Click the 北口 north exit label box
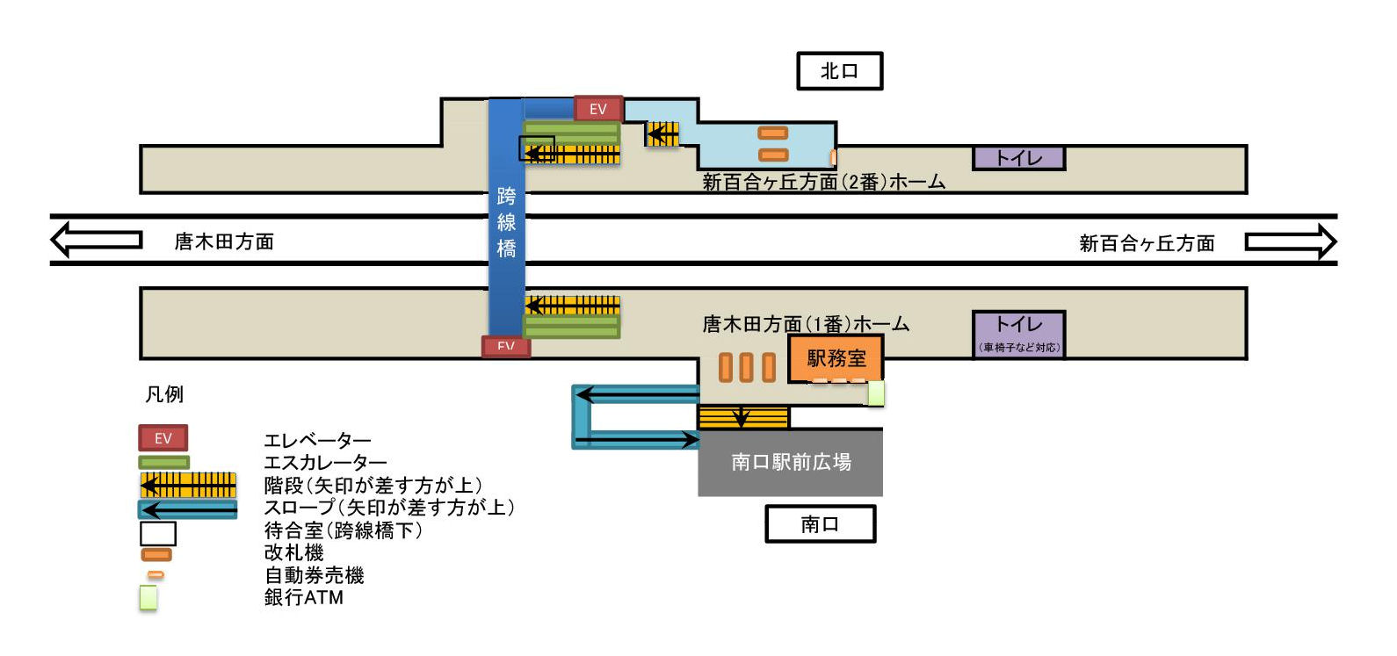pos(839,71)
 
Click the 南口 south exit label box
pos(820,524)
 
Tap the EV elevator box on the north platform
pos(598,109)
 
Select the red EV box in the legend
pos(163,438)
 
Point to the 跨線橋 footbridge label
pos(506,222)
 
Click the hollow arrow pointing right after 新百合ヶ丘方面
pos(1290,241)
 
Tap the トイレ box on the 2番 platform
pos(1018,158)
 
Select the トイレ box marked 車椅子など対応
pos(1019,334)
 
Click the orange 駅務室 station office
pos(836,358)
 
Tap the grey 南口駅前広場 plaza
pos(790,462)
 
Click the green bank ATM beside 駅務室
pos(875,393)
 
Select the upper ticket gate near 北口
pos(773,133)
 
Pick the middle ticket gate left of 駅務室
pos(746,367)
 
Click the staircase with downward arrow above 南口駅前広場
pos(742,416)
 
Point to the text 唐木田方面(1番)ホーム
pos(805,324)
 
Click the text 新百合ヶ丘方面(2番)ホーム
pos(823,182)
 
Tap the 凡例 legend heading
pos(164,394)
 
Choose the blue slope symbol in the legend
pos(188,509)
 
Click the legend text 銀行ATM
pos(304,597)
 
